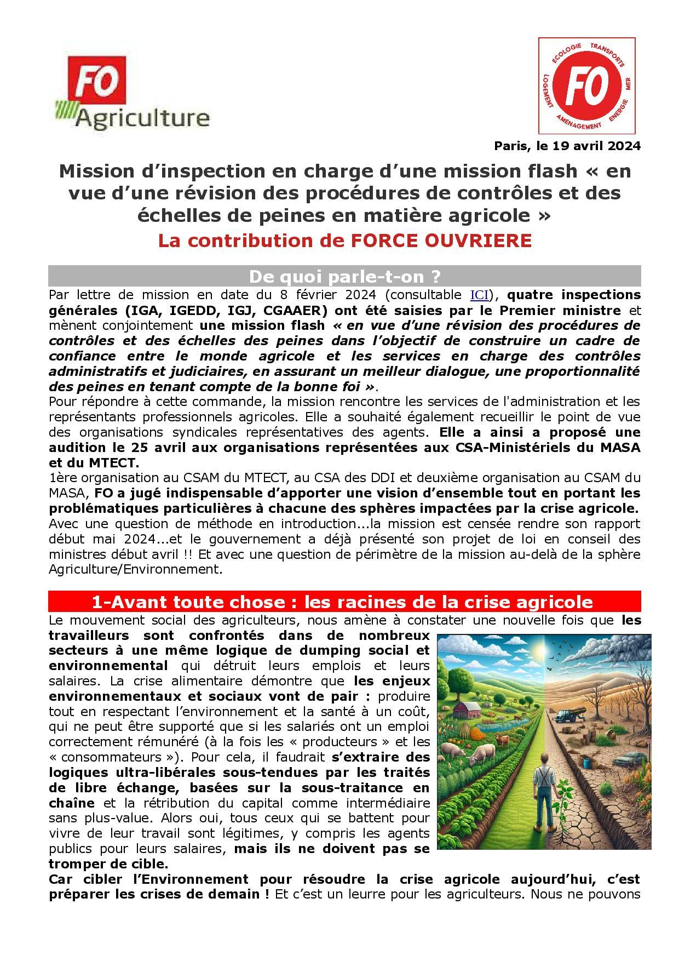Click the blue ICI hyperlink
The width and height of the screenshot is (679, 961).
tap(479, 295)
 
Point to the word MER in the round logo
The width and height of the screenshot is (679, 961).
tap(628, 84)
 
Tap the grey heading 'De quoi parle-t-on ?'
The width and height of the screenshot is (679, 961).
tap(344, 276)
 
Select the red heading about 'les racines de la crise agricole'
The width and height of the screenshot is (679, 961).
tap(344, 602)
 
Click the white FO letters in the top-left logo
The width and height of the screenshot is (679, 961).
tap(95, 86)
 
